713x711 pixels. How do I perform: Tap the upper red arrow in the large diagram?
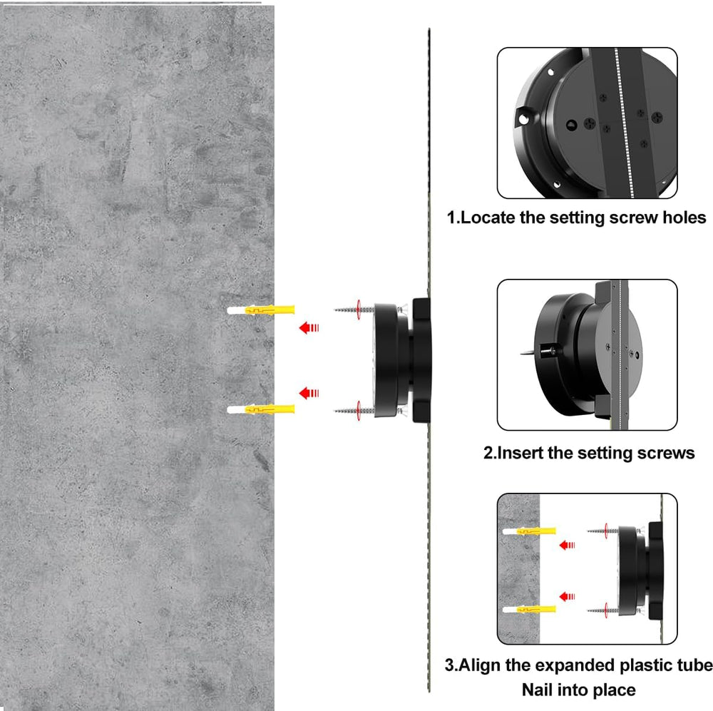309,327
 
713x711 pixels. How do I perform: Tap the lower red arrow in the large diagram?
309,393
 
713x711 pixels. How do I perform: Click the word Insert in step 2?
520,453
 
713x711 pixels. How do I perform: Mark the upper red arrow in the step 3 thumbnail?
568,546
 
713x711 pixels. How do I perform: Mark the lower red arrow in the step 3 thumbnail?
568,596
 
